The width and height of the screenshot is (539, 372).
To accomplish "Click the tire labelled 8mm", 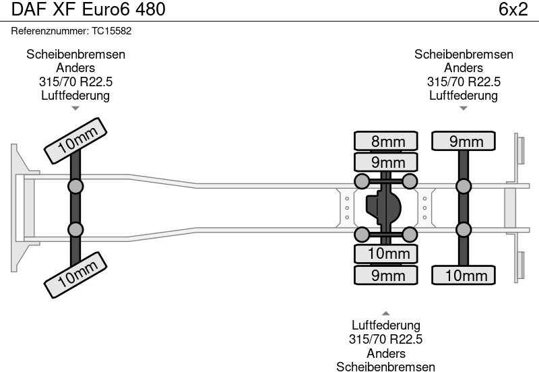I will point(385,141).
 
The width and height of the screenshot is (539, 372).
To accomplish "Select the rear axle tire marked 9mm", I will point(464,141).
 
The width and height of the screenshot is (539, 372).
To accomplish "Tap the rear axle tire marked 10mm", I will point(464,275).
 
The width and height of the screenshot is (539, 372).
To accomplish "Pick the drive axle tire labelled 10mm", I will point(385,253).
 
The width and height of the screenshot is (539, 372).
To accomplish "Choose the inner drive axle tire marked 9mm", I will point(385,162).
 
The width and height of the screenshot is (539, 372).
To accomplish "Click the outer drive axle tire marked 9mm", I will point(385,275).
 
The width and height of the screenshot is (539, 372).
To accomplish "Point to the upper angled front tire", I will point(76,140).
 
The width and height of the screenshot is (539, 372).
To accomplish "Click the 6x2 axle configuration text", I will point(513,9).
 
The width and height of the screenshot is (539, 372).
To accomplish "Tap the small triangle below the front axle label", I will point(75,108).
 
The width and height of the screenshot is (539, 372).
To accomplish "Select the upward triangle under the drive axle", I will point(385,313).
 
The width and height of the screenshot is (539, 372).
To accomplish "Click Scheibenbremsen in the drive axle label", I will point(385,367).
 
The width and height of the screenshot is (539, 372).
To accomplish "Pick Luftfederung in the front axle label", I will point(75,95).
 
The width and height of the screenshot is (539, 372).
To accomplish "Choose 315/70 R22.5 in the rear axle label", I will point(464,82).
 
